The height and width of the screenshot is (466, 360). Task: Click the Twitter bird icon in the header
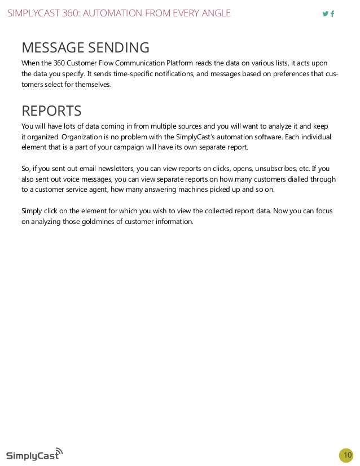pyautogui.click(x=325, y=14)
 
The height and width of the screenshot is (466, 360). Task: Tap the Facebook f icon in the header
pyautogui.click(x=332, y=14)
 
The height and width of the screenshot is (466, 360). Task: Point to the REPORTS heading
pyautogui.click(x=51, y=110)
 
